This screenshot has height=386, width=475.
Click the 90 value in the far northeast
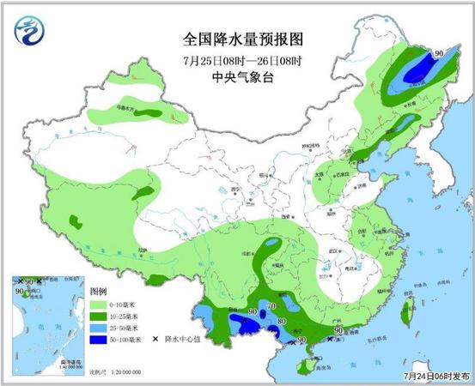439,53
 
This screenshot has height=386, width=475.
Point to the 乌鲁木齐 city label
126,109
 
